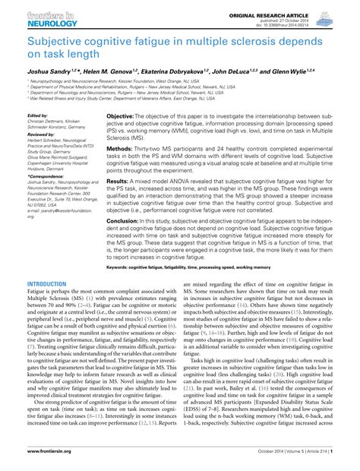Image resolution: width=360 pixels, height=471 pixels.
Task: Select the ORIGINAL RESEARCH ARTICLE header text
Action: click(292, 6)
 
